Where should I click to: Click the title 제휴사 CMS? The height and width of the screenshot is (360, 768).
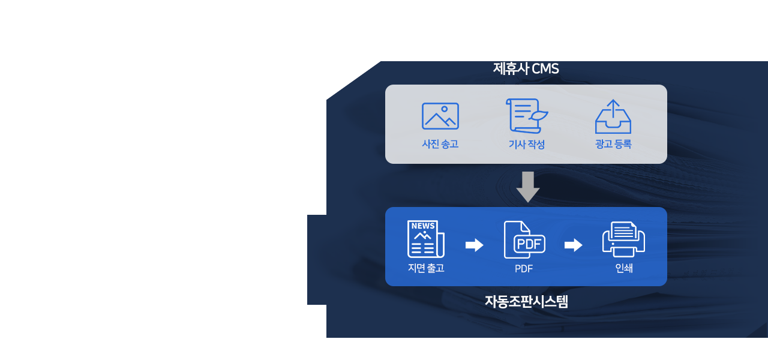coord(526,69)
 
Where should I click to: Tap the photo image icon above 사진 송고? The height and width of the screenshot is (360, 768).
coord(440,116)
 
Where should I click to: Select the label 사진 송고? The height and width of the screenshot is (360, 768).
coord(440,144)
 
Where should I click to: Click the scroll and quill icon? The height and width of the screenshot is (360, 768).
coord(526,116)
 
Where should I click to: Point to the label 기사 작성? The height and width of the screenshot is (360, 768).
coord(526,144)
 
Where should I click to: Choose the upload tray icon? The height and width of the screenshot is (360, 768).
coord(613,117)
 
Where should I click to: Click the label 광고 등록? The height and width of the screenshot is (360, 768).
coord(613,144)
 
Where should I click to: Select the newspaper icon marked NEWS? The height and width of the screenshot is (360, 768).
coord(425,239)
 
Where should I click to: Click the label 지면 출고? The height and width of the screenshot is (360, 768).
coord(426,268)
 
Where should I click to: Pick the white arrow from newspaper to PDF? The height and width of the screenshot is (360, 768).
coord(475,245)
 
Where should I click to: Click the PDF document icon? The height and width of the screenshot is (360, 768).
coord(524,240)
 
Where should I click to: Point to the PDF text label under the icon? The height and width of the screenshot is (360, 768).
coord(524,269)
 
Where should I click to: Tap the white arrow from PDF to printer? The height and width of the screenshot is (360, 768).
coord(574,245)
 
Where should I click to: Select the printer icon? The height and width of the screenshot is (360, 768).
coord(623,239)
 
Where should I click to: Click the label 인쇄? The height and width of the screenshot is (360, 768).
coord(624,268)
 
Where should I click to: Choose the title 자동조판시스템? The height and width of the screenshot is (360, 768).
coord(526,301)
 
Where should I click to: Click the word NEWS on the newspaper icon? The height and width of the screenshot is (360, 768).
coord(423,226)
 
